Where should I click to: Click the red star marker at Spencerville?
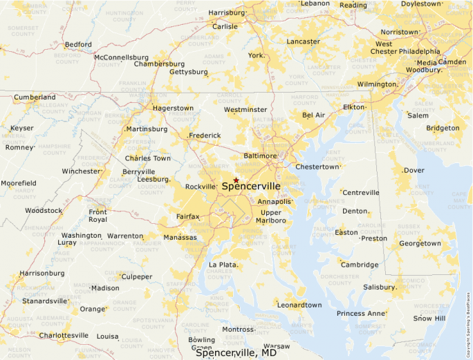point(236,180)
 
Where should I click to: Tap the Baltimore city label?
point(260,156)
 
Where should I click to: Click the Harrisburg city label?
point(227,12)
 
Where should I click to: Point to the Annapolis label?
point(275,202)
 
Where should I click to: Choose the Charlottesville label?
point(64,336)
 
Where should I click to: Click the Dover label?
point(414,170)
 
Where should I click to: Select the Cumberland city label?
point(35,97)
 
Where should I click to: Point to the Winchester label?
point(81,171)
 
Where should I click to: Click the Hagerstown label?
point(173,108)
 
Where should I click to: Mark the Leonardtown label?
point(299,305)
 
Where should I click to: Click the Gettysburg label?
point(188,72)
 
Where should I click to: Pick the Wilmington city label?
point(376,84)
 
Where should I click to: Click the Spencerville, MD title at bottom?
point(236,353)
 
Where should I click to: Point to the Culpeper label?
point(137,277)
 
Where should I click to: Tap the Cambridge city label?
point(360,265)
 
